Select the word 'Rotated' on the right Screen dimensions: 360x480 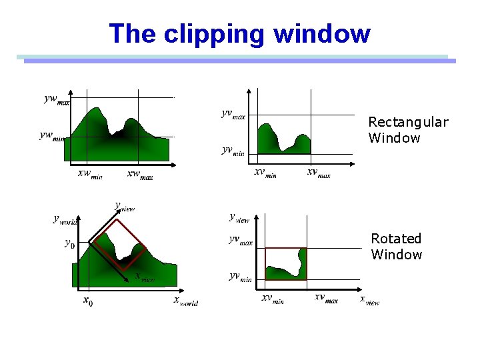pos(396,239)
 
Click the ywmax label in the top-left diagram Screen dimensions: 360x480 pos(57,100)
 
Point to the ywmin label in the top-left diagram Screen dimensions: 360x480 pos(52,136)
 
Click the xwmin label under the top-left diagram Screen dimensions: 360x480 pos(90,175)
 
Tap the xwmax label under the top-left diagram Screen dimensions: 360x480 pos(140,175)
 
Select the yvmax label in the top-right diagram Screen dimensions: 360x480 pos(233,115)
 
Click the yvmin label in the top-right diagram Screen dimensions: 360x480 pos(233,151)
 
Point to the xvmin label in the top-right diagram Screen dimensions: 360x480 pos(265,173)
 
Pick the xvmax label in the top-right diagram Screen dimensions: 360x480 pos(318,173)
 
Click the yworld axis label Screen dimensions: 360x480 pos(67,219)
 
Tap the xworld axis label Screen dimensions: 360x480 pos(185,301)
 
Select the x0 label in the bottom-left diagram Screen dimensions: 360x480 pos(88,302)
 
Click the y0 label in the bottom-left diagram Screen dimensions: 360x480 pos(69,243)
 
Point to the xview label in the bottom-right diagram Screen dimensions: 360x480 pos(370,300)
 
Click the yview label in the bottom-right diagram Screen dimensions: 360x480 pos(239,217)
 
